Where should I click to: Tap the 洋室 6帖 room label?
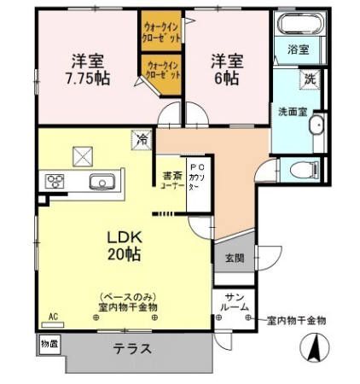(x=227, y=67)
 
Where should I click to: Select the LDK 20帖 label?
(x=123, y=244)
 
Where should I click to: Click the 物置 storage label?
(x=49, y=343)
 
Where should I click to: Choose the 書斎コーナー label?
(x=169, y=182)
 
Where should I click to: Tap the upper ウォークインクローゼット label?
(x=161, y=32)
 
